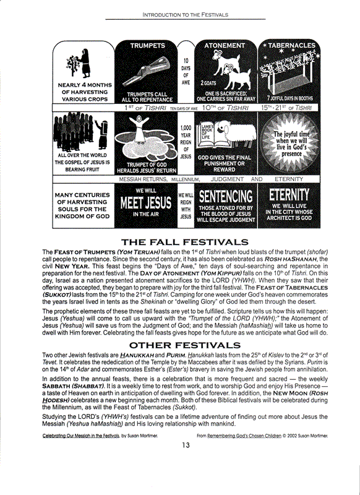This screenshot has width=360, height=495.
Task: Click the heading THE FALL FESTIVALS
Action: pos(185,241)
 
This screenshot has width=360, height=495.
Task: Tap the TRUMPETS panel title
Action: pos(148,46)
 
